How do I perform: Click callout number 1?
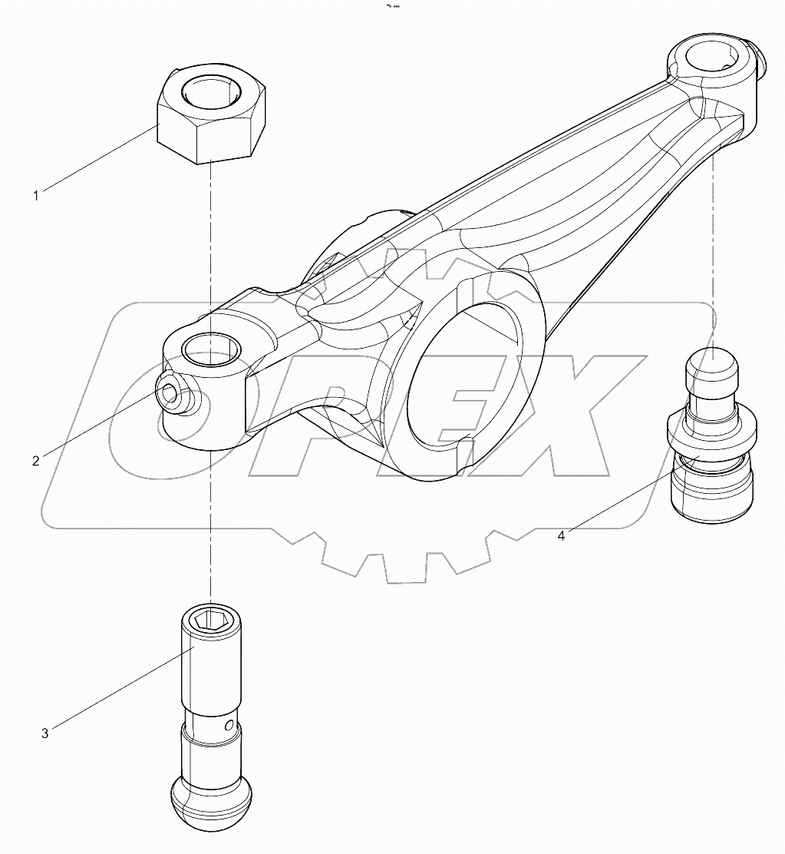pyautogui.click(x=35, y=196)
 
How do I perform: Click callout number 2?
pyautogui.click(x=35, y=461)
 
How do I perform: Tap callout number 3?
pyautogui.click(x=45, y=733)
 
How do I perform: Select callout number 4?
pyautogui.click(x=561, y=536)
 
